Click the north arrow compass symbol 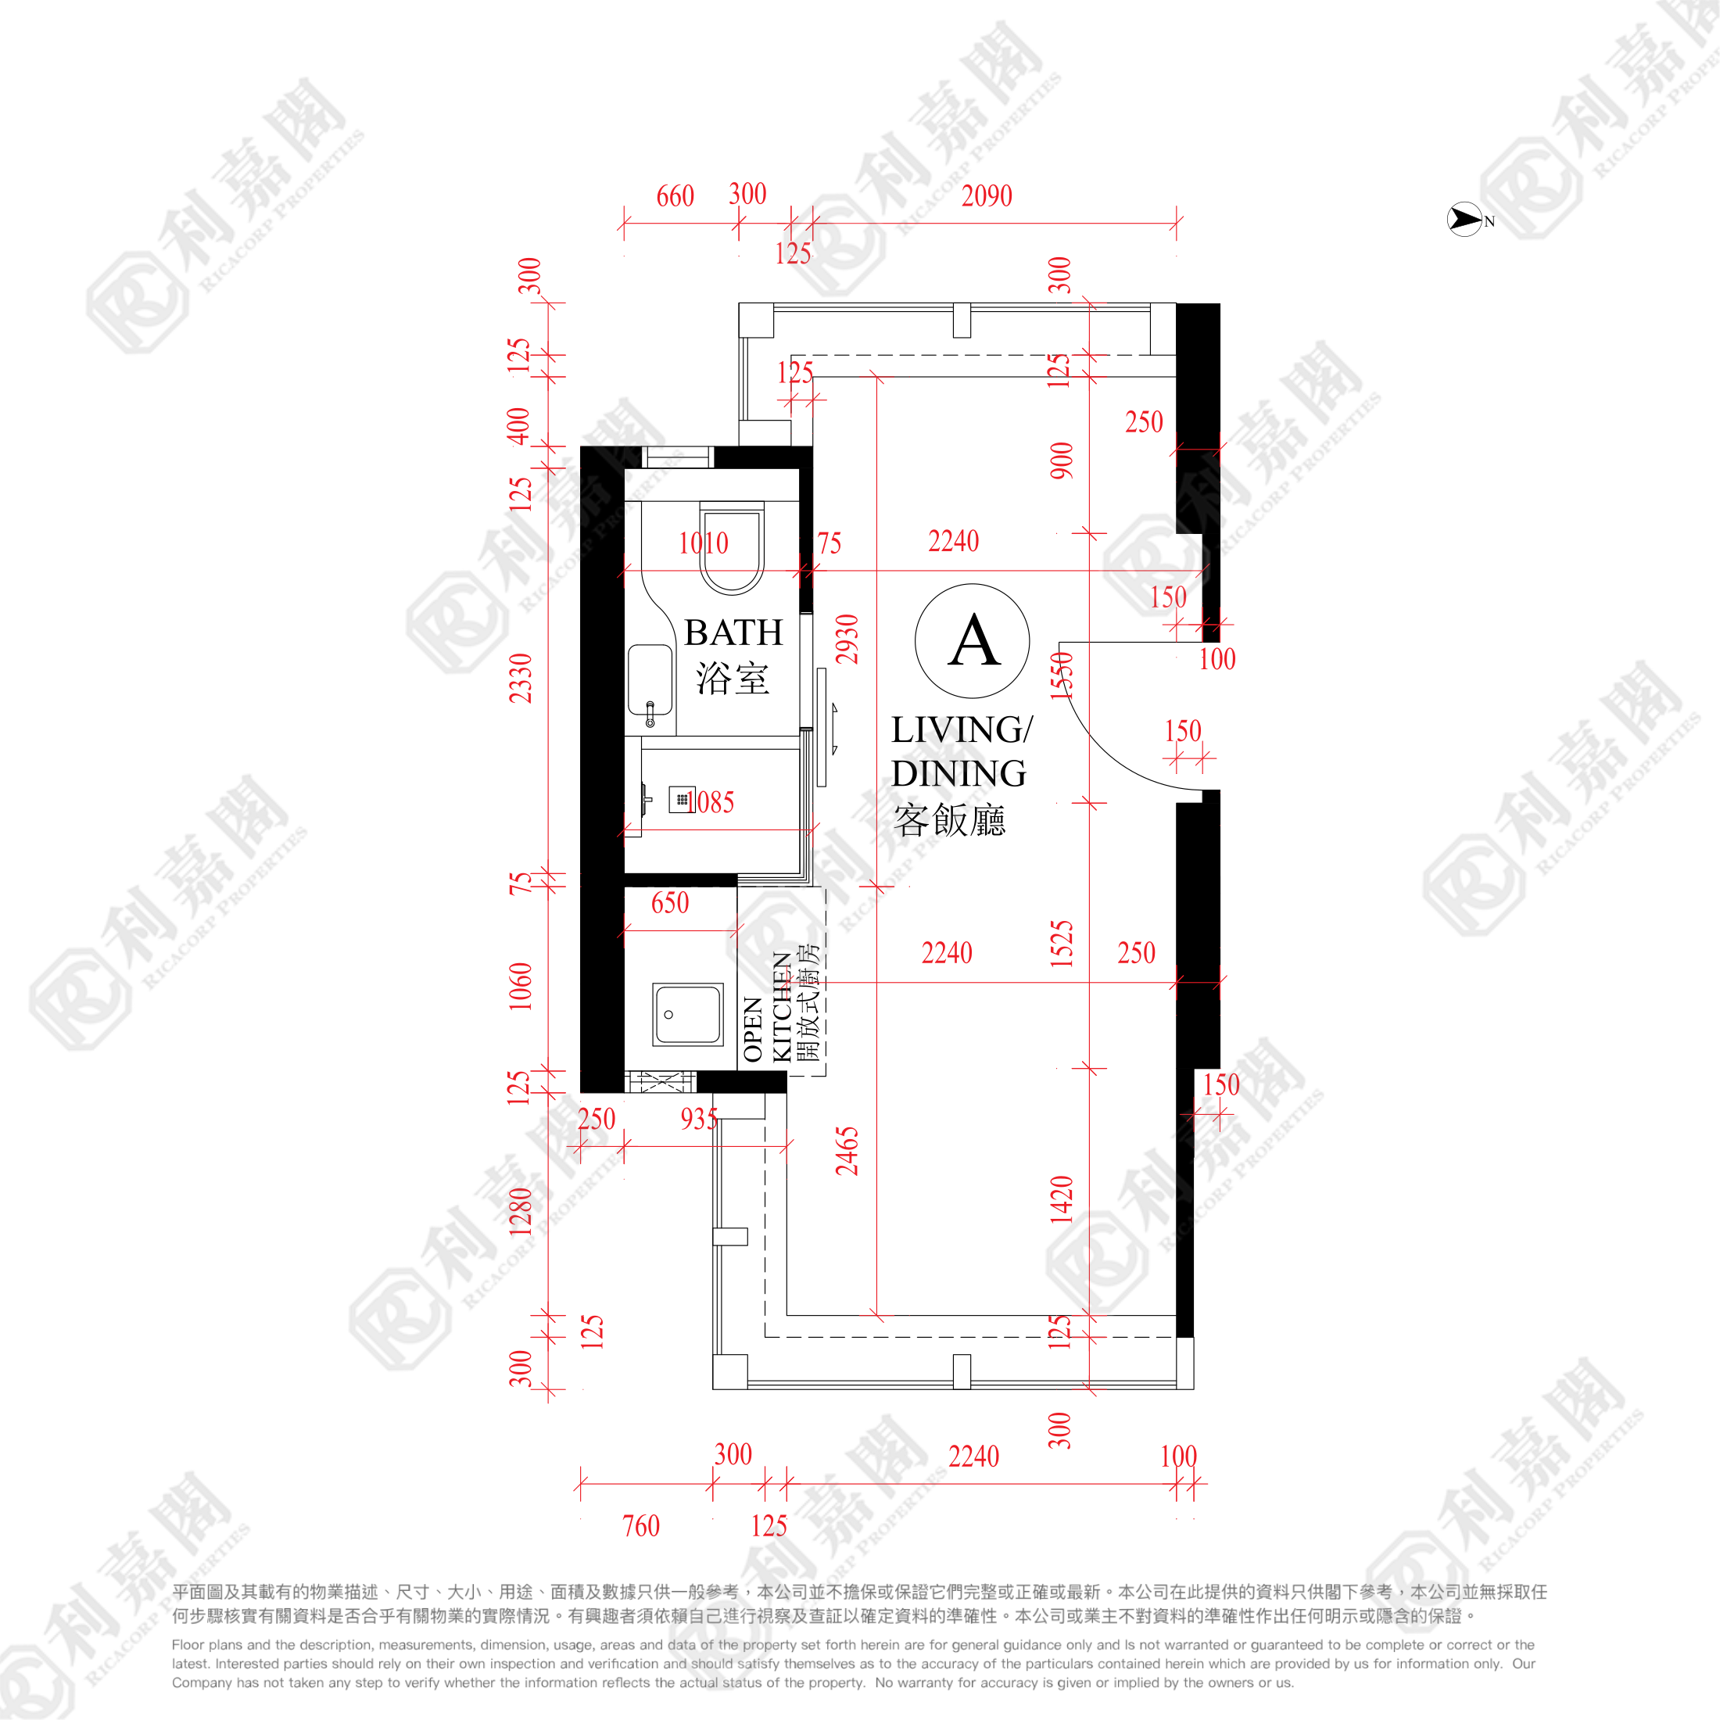pos(1464,219)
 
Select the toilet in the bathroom pos(732,547)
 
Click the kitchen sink pos(687,1014)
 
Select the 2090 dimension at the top pos(987,196)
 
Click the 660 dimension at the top pos(675,196)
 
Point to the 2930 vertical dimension pos(847,640)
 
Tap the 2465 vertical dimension pos(847,1151)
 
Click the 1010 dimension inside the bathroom pos(704,543)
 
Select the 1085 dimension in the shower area pos(714,802)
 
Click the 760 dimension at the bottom pos(641,1526)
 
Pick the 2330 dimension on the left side pos(520,679)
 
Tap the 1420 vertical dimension pos(1061,1199)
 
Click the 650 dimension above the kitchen pos(669,903)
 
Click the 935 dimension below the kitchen pos(699,1119)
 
